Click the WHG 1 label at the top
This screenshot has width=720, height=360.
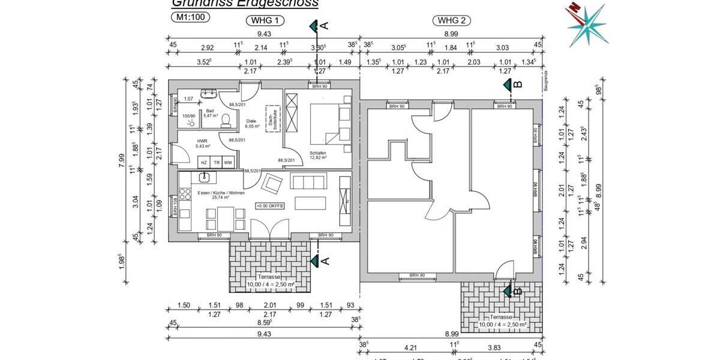click(265, 20)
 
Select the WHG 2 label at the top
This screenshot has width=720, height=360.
click(452, 20)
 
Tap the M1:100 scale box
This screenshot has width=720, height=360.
click(191, 17)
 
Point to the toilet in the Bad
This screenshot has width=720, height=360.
click(225, 121)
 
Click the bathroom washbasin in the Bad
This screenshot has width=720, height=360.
click(210, 94)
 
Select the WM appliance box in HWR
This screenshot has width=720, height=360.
click(228, 163)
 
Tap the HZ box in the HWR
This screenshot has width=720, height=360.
click(204, 163)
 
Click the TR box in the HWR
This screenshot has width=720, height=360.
click(216, 163)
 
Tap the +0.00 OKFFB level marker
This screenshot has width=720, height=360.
click(270, 206)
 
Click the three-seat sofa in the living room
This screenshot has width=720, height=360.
click(307, 181)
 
